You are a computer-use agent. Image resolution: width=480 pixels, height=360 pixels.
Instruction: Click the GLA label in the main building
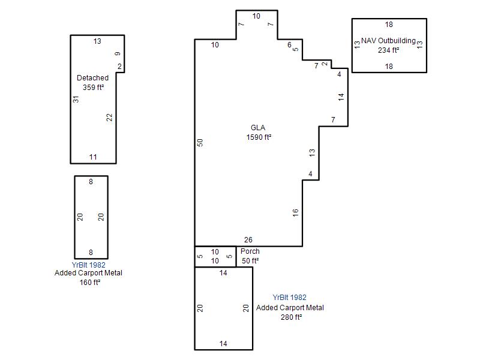click(258, 128)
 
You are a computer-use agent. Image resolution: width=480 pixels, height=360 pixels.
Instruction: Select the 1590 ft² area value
click(259, 137)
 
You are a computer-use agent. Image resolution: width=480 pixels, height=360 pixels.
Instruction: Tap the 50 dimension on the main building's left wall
click(200, 143)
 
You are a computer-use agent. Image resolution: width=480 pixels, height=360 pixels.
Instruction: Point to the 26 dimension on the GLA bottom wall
click(248, 239)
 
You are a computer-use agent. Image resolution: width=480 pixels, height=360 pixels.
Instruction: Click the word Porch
click(250, 251)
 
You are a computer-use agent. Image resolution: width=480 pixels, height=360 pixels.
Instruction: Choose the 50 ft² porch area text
click(250, 261)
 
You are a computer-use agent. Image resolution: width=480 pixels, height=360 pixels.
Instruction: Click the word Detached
click(92, 78)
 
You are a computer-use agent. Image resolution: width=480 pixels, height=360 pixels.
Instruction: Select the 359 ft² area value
click(94, 87)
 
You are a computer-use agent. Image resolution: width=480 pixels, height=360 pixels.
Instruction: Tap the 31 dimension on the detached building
click(76, 99)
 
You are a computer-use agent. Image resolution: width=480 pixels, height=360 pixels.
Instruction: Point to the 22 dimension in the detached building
click(109, 117)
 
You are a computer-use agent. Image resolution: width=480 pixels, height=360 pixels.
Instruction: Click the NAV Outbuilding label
click(388, 40)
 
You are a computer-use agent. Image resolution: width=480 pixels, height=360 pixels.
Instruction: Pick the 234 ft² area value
click(388, 50)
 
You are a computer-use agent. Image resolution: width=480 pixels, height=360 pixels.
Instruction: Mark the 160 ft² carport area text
click(90, 282)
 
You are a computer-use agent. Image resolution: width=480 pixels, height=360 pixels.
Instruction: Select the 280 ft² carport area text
click(291, 317)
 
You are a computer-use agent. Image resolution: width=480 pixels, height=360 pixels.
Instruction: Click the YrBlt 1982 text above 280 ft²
click(289, 297)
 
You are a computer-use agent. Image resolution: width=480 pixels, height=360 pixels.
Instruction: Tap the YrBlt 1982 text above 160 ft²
click(88, 265)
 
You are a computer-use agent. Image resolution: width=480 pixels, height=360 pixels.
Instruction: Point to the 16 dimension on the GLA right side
click(295, 213)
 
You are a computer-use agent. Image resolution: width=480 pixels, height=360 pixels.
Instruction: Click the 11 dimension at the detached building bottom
click(93, 157)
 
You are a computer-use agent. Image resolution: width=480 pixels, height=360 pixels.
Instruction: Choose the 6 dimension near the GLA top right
click(289, 45)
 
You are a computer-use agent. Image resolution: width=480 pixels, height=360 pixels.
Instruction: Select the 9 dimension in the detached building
click(118, 53)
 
